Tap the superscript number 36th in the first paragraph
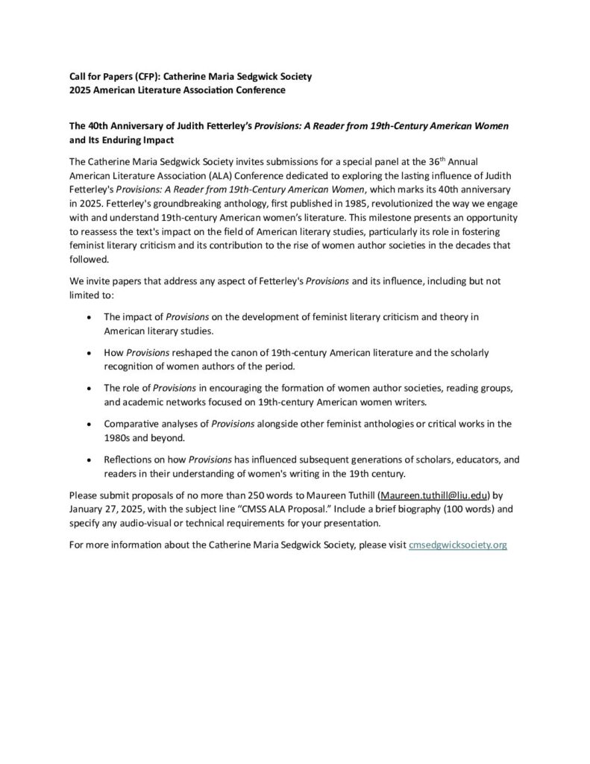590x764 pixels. tap(418, 160)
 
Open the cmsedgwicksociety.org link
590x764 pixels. tap(459, 545)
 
